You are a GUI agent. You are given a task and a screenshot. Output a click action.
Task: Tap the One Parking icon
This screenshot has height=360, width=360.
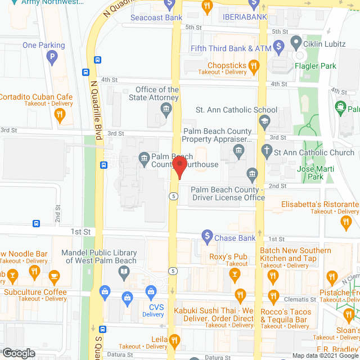pyautogui.click(x=52, y=56)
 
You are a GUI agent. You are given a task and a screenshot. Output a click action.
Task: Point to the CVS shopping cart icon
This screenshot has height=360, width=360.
pyautogui.click(x=151, y=291)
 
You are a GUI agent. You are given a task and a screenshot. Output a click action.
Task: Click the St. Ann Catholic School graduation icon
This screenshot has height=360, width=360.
pyautogui.click(x=263, y=120)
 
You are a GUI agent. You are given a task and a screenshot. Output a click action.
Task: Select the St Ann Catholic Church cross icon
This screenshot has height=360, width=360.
pyautogui.click(x=267, y=151)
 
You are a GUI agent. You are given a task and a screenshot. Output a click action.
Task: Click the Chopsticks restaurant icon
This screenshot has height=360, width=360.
pyautogui.click(x=254, y=67)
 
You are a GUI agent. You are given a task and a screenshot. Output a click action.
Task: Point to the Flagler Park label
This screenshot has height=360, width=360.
pyautogui.click(x=316, y=66)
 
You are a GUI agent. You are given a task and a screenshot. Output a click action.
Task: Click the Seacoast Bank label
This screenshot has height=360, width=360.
pyautogui.click(x=156, y=17)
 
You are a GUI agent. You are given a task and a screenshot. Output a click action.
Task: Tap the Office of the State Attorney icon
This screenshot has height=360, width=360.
pyautogui.click(x=165, y=111)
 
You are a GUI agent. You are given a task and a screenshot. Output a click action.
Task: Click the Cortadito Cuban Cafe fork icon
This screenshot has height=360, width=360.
pyautogui.click(x=60, y=115)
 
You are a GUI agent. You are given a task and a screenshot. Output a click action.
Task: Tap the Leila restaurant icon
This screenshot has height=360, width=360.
pyautogui.click(x=174, y=340)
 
